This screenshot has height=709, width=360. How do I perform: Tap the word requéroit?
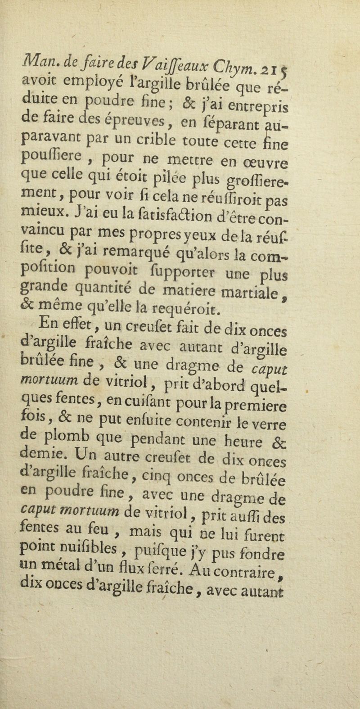[212, 296]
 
